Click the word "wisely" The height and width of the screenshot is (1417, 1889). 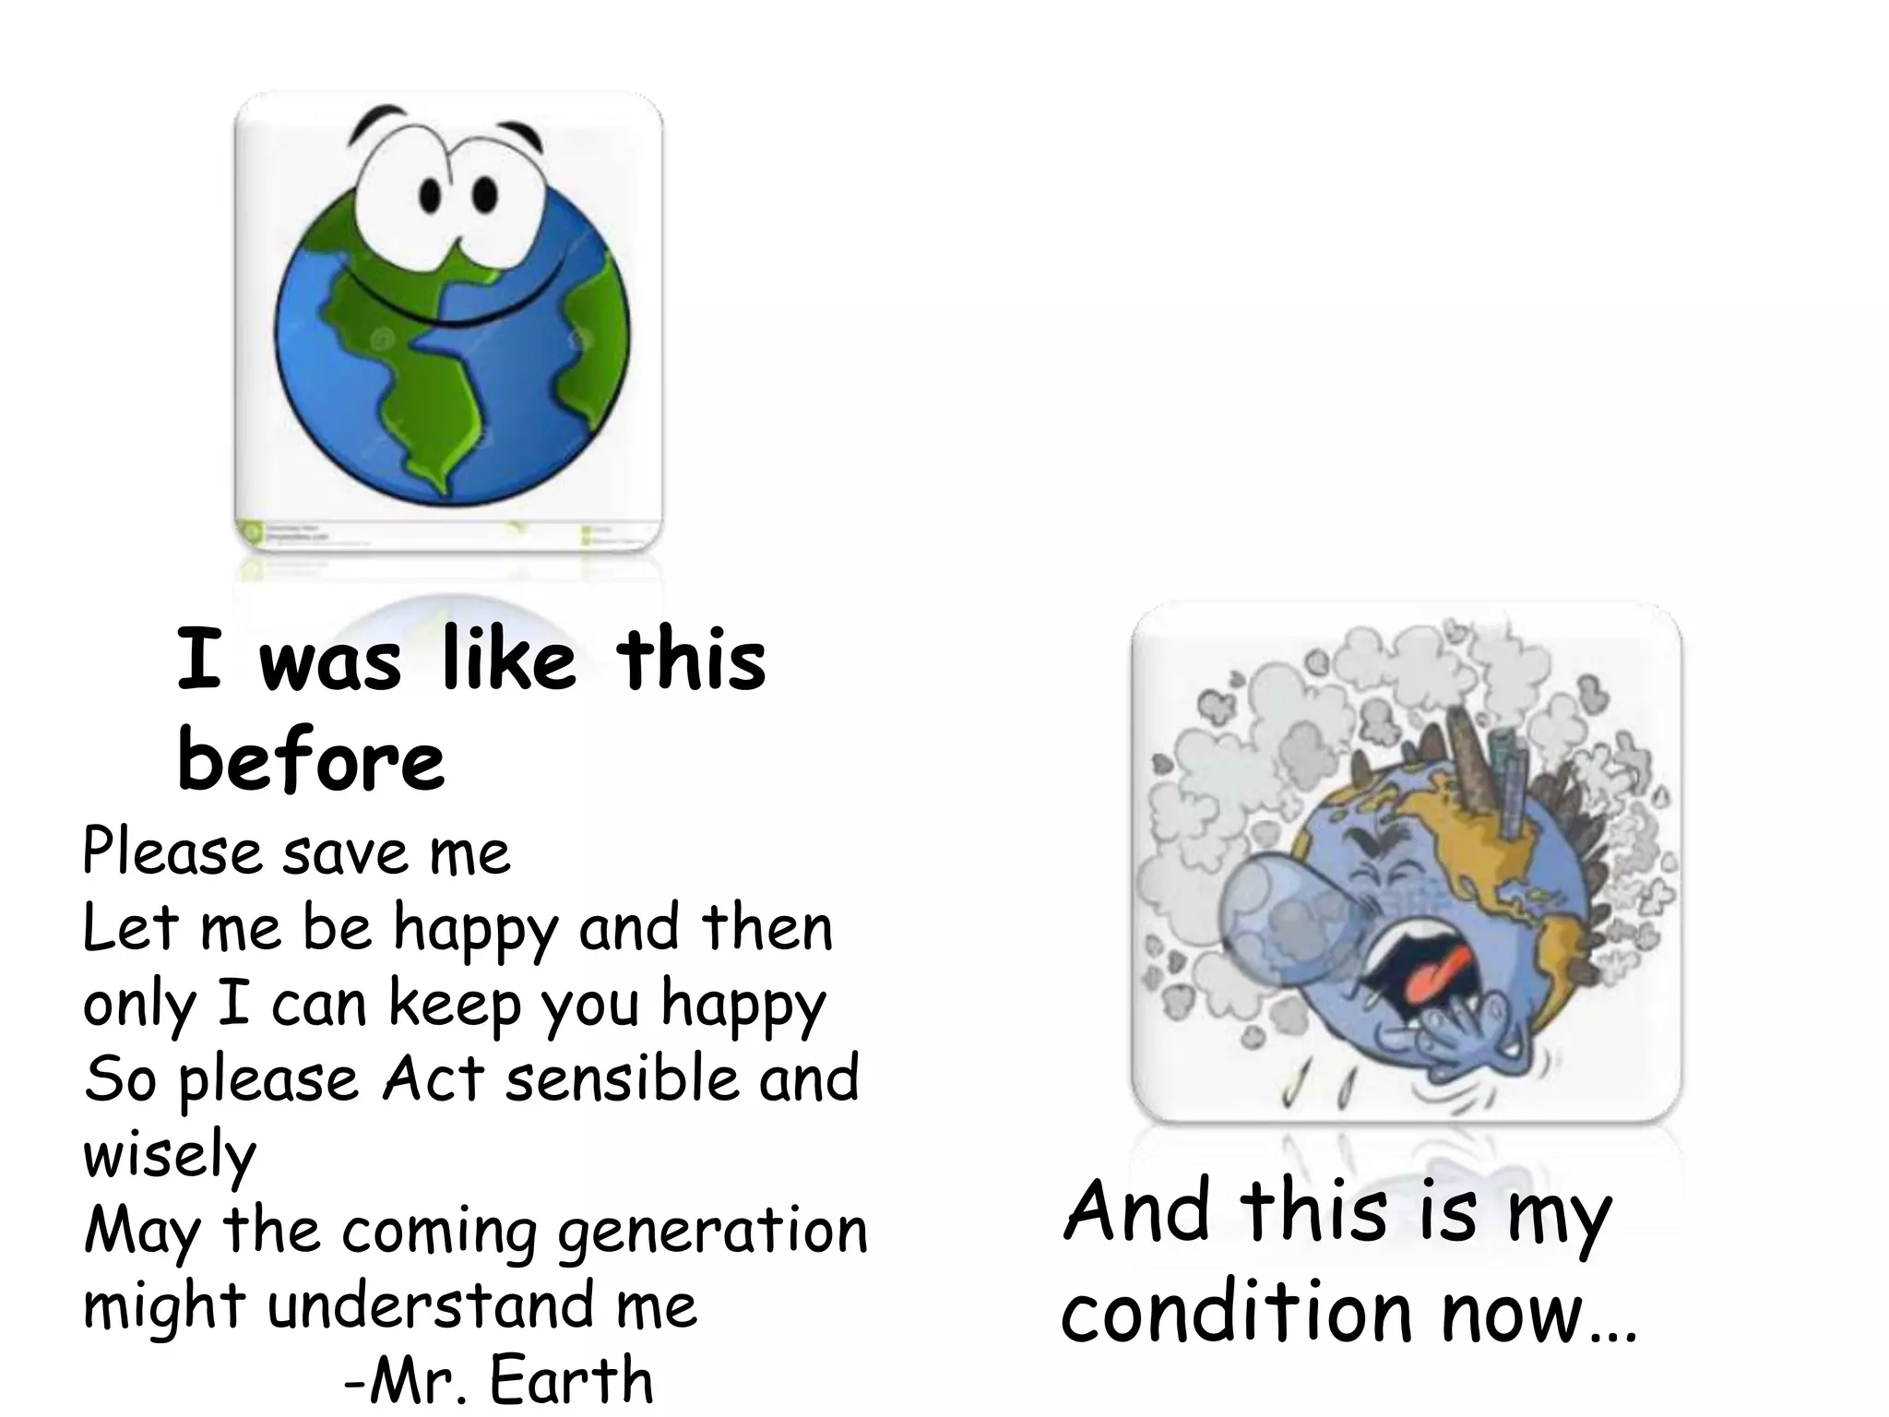[x=170, y=1155]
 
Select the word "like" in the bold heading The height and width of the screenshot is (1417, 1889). [x=508, y=661]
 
